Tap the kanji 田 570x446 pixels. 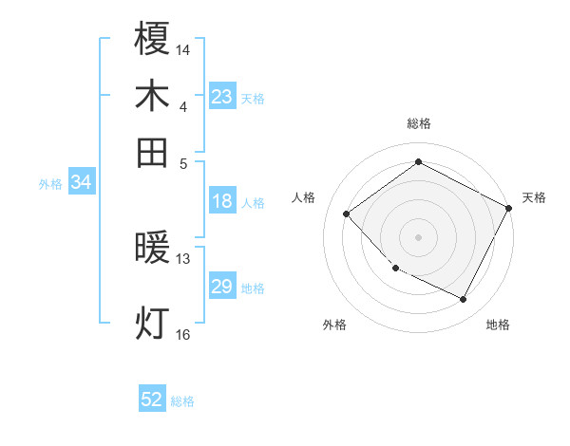click(153, 152)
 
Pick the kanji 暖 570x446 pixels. click(153, 249)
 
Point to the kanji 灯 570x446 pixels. click(153, 323)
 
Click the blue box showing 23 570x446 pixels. click(222, 96)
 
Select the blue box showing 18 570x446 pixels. click(222, 201)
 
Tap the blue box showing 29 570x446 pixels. click(222, 287)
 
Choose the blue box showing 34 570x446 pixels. click(81, 183)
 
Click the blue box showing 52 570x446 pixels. click(152, 400)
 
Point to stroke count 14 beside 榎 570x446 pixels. click(183, 48)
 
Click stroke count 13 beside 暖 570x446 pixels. click(183, 259)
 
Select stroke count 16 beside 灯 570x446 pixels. click(183, 334)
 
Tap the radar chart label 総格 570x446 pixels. click(418, 123)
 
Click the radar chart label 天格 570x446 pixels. click(534, 197)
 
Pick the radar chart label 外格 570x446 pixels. click(334, 325)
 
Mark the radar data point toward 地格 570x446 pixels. click(463, 300)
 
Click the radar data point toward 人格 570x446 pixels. click(347, 214)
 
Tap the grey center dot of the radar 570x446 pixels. click(418, 237)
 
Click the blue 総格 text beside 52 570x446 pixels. click(182, 401)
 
